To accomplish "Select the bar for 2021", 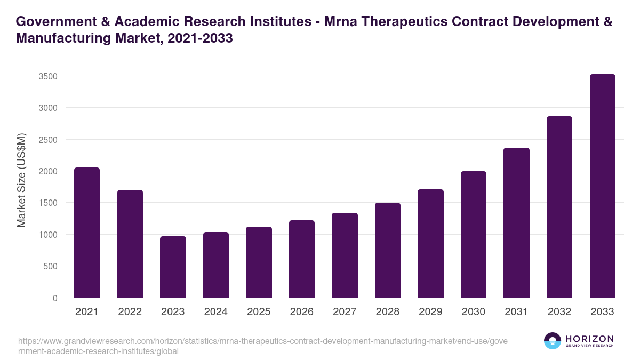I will click(x=87, y=233).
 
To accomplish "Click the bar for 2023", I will click(x=173, y=267).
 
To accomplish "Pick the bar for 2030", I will click(x=474, y=234).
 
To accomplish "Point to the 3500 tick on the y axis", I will click(x=48, y=76).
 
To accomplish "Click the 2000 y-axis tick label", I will click(x=48, y=171).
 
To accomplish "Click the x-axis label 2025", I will click(x=259, y=312).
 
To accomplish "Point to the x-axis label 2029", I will click(x=430, y=312).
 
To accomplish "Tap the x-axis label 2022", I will click(x=130, y=312).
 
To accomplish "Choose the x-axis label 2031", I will click(x=516, y=312).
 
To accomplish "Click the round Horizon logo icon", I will click(x=552, y=341).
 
